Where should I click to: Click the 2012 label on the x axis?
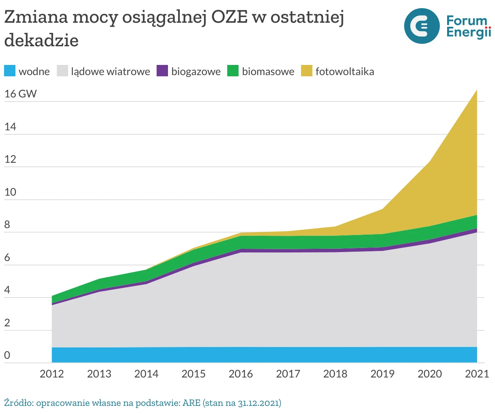tap(52, 374)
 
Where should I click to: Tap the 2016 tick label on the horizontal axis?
tap(241, 374)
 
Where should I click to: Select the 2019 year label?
tap(382, 374)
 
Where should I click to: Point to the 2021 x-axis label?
tap(477, 374)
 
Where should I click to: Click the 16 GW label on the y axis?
tap(20, 94)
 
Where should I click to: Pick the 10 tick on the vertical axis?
tap(10, 192)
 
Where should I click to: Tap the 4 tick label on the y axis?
tap(7, 290)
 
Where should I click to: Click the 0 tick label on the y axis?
tap(7, 356)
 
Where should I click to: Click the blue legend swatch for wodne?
tap(10, 71)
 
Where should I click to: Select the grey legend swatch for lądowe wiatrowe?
tap(62, 71)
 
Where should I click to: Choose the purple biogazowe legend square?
tap(162, 71)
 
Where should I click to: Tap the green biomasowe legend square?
tap(233, 71)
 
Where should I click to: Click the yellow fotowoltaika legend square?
tap(306, 71)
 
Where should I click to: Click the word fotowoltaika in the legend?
tap(345, 72)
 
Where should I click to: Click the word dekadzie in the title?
tap(41, 40)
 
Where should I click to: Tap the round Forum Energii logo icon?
tap(422, 26)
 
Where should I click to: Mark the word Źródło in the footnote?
tap(19, 403)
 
